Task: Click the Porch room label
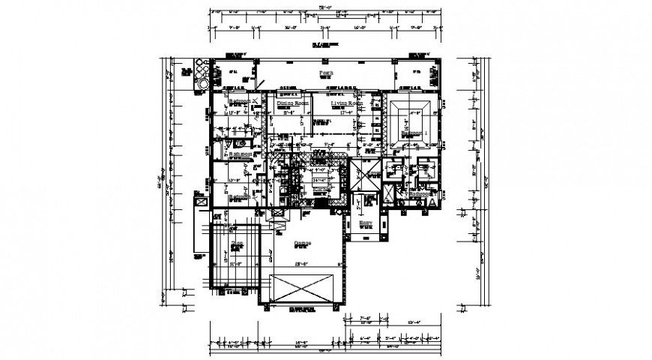click(x=325, y=73)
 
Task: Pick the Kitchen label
click(x=322, y=190)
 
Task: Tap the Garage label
click(x=302, y=242)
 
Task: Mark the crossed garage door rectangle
click(x=302, y=288)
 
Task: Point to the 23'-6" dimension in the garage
click(x=301, y=265)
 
